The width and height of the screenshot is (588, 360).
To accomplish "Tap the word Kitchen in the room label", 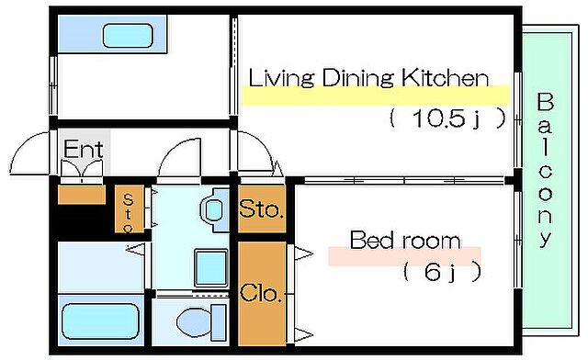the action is (x=446, y=78).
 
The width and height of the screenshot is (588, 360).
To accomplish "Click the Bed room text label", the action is (x=405, y=240).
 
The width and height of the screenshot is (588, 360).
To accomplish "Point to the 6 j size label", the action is (x=442, y=272).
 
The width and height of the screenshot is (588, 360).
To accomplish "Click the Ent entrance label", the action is (x=83, y=149).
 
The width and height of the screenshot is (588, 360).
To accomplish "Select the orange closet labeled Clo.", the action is (x=262, y=293).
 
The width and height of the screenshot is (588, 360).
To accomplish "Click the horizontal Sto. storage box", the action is (x=262, y=209).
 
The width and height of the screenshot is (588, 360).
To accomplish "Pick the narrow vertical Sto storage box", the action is (x=129, y=208).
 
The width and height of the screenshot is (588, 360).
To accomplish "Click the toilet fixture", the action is (x=202, y=322).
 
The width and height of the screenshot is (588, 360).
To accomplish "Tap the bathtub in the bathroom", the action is (x=100, y=321).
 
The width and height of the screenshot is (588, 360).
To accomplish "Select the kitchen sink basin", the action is (x=128, y=36).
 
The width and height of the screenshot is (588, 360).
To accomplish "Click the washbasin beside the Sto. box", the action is (x=214, y=209).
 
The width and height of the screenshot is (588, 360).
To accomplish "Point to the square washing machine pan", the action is (x=211, y=268).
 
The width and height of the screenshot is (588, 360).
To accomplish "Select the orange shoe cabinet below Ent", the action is (x=82, y=195).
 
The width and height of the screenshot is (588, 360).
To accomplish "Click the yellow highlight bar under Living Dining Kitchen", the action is (x=375, y=96).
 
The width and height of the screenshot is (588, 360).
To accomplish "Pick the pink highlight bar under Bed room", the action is (x=404, y=256).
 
